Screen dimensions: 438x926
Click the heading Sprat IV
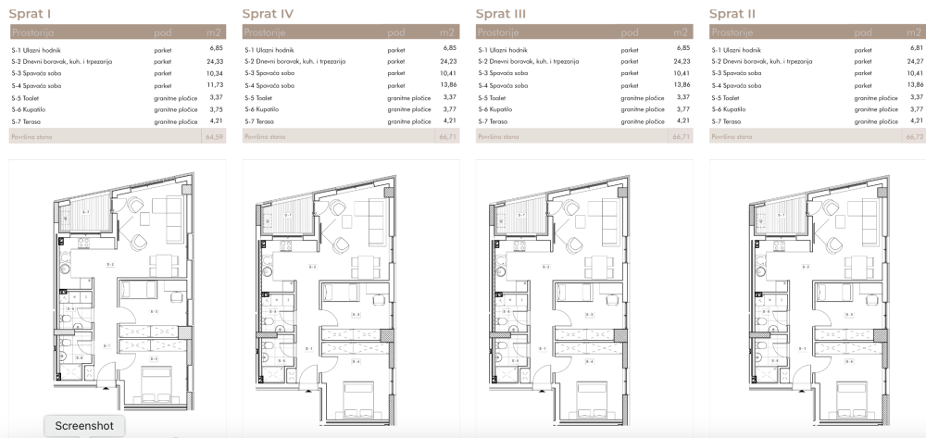pos(269,14)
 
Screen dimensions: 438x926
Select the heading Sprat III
pos(501,14)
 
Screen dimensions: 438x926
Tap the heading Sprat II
pos(733,14)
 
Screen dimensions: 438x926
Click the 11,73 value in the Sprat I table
pos(217,84)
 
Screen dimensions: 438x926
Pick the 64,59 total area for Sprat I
pos(216,136)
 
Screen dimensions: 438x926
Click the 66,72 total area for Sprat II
pos(915,136)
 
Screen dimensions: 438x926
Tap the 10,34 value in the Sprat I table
pos(217,72)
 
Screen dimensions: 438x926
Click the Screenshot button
pos(84,426)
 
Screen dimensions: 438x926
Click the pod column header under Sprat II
pos(862,32)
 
